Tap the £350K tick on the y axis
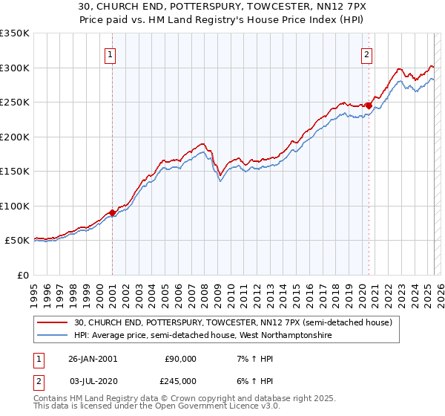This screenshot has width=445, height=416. pos(15,33)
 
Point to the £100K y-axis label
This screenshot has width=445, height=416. pos(15,206)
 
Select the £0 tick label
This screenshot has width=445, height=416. pos(22,275)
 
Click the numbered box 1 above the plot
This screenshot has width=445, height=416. pos(110,53)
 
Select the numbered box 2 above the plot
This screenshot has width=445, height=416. pos(366,53)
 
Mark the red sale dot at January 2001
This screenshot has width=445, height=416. pos(112,212)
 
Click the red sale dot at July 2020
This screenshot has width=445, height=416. pos(369,105)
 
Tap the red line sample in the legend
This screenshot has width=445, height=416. pos(53,322)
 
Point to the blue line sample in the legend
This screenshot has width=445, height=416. pos(53,335)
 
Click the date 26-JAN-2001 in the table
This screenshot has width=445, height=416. pos(93,359)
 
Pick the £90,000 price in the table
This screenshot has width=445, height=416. pos(180,359)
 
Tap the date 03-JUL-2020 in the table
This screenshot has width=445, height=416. pos(93,380)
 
